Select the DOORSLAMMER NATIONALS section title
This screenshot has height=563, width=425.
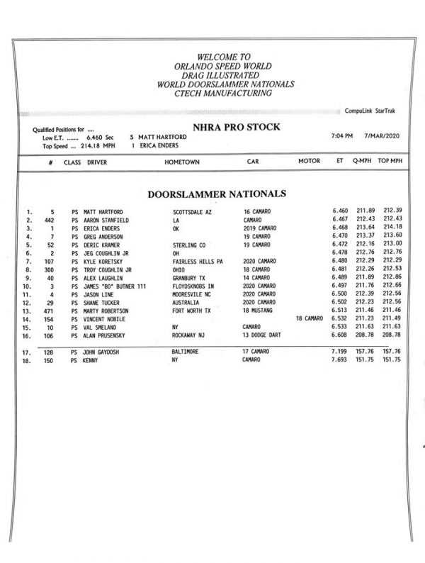(216, 193)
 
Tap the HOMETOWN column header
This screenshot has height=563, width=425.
(181, 162)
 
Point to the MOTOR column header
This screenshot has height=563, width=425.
(309, 162)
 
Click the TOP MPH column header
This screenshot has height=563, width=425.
(390, 162)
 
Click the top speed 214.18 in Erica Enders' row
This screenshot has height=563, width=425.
(390, 228)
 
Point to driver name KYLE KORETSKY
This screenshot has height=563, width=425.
(107, 261)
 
